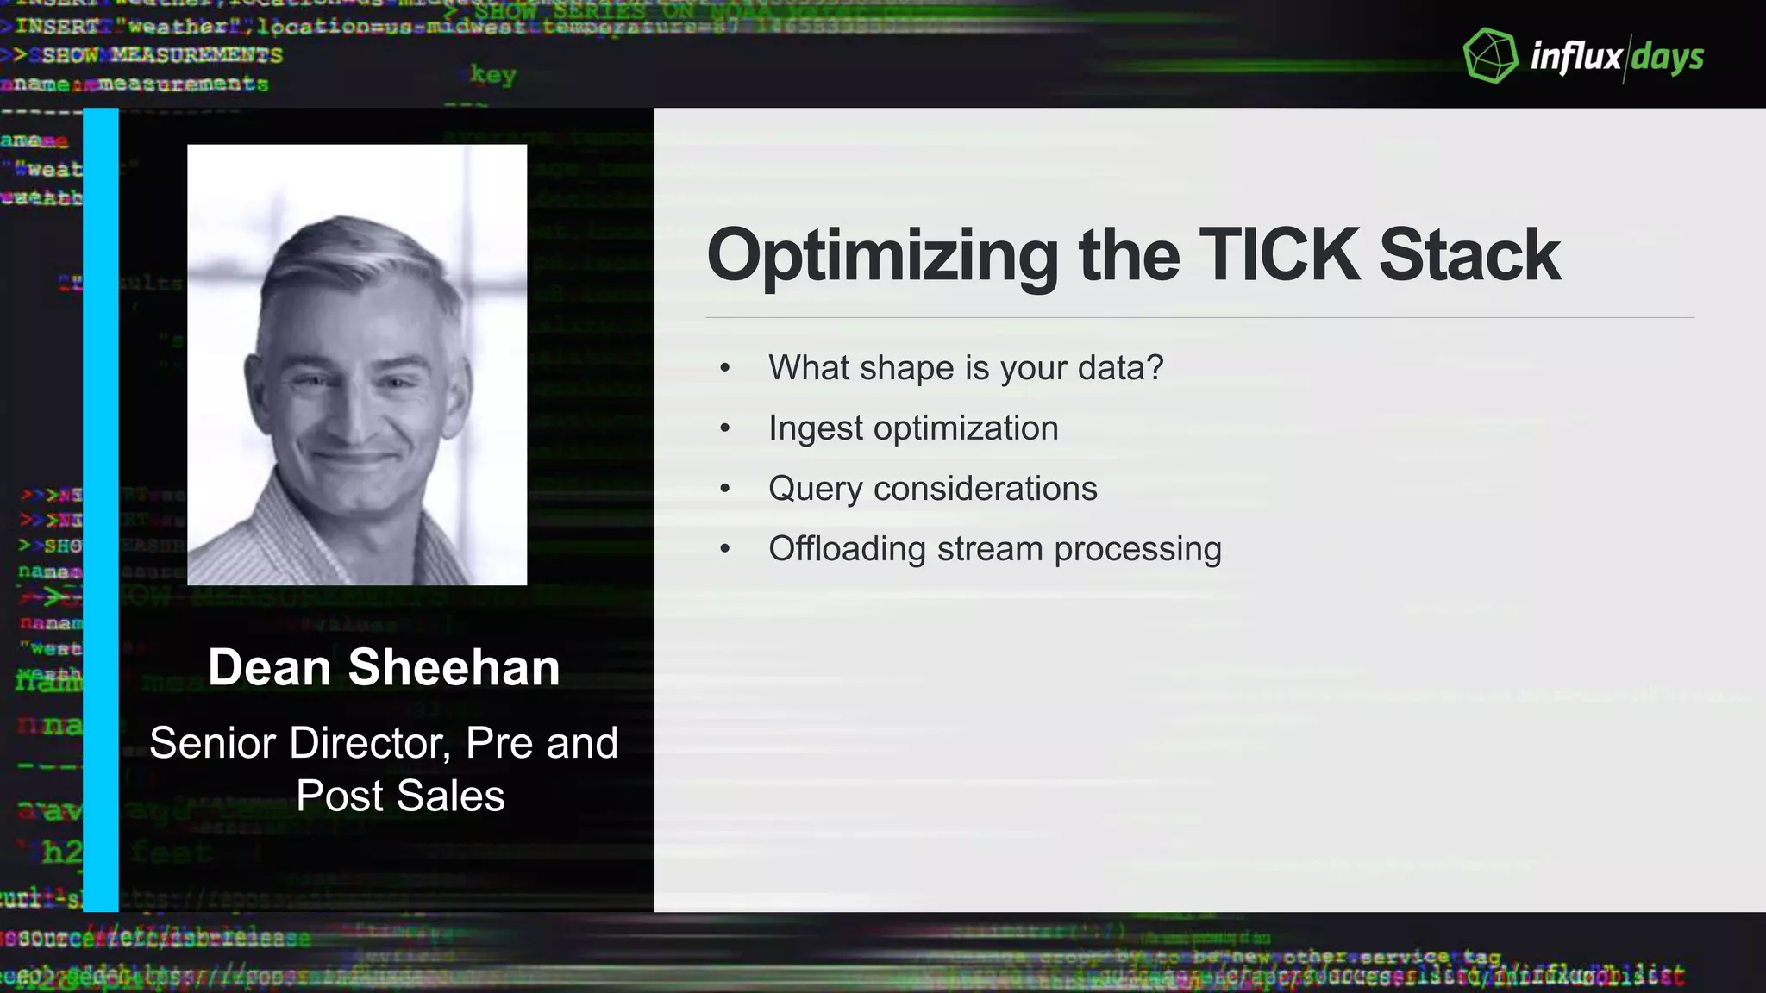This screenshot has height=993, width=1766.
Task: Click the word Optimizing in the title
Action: (x=882, y=256)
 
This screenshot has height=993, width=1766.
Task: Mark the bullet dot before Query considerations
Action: (x=725, y=489)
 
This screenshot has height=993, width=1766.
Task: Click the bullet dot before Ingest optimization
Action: (x=725, y=428)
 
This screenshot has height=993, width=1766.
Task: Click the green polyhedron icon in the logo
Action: (x=1490, y=56)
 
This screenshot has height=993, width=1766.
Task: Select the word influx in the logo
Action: (x=1575, y=57)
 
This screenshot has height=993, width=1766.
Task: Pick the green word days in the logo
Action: (x=1668, y=58)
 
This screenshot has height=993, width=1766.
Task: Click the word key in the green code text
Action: (x=492, y=75)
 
